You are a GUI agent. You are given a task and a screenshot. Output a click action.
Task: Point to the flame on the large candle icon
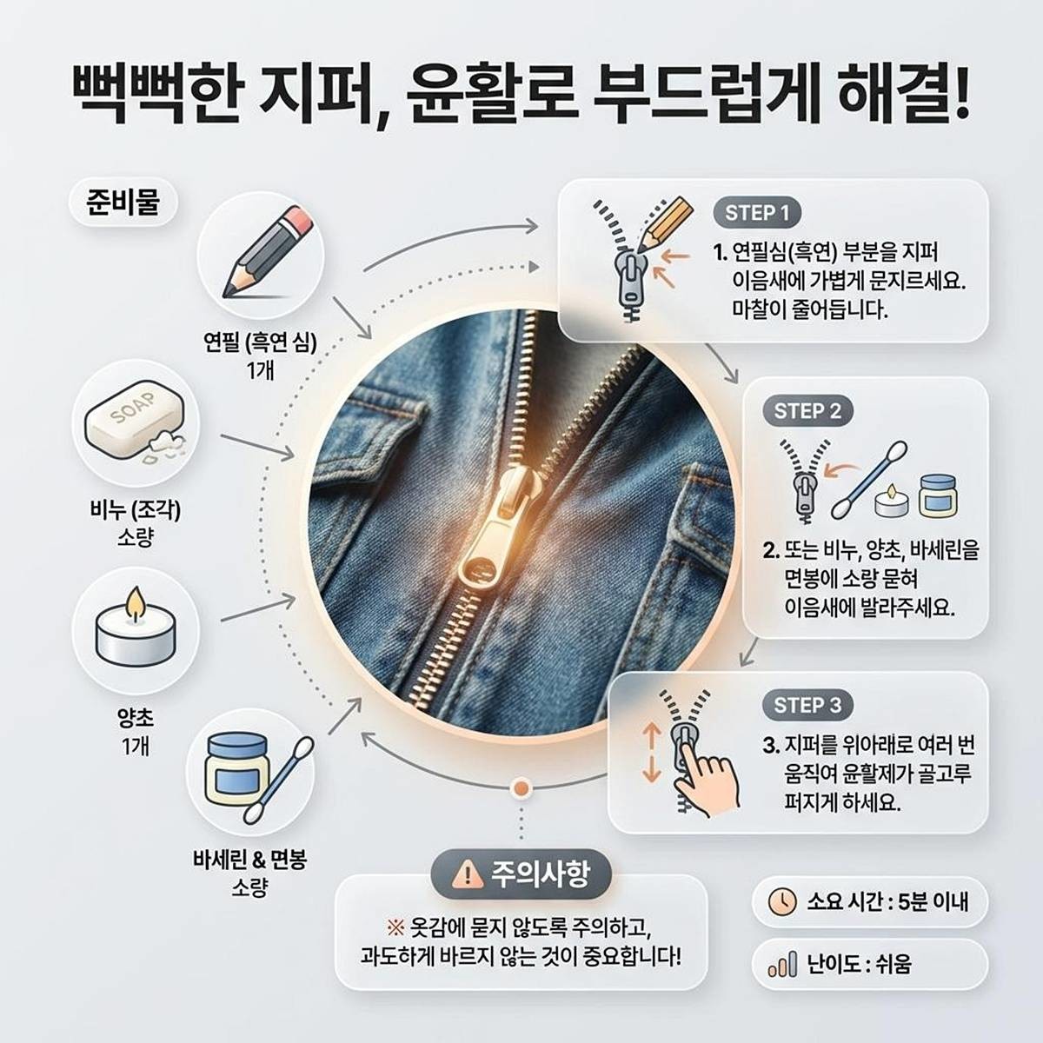135,602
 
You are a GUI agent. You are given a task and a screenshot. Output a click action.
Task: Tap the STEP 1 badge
757,213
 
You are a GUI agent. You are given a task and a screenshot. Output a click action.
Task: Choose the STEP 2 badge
807,411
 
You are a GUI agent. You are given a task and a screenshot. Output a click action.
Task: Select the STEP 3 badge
807,705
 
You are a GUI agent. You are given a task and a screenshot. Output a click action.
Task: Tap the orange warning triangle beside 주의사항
467,872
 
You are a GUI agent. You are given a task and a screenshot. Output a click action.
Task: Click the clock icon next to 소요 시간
782,900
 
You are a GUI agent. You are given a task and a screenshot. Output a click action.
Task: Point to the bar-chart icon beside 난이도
782,965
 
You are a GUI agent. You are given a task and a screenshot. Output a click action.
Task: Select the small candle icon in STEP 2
888,502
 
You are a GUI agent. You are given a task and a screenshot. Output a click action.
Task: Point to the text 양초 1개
135,731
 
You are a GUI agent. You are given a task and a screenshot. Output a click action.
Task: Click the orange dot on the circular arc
521,787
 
